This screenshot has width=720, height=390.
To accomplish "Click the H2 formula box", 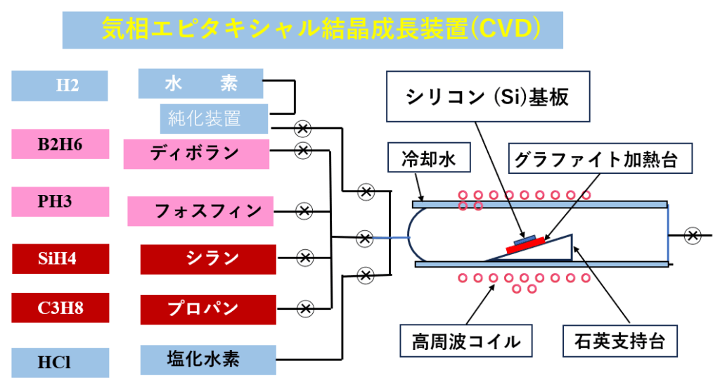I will coord(59,86).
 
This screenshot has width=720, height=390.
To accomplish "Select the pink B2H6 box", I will coord(60,144).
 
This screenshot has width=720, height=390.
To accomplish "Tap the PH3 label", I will coord(60,201).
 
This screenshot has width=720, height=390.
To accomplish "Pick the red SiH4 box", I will coord(60,258).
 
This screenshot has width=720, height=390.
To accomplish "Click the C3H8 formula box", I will coord(60,307).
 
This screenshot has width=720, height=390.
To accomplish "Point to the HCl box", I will coord(60,363).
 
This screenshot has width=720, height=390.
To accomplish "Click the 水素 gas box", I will coord(200,84).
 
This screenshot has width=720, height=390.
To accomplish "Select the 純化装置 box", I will coord(214,118).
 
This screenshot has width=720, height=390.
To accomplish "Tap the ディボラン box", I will coord(196,153).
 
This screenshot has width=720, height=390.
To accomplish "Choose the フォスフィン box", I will coord(200,210).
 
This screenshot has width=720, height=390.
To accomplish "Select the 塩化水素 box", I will coord(203,359).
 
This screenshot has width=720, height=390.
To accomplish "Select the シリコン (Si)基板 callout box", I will coord(487,98).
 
